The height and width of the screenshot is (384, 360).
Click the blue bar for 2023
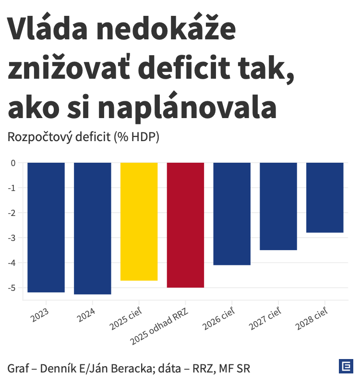tap(46, 227)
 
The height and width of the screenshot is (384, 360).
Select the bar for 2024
tap(93, 228)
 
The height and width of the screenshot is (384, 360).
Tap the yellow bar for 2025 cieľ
tap(139, 221)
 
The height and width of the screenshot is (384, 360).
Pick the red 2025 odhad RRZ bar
tap(185, 225)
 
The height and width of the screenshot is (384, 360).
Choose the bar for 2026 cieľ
tap(232, 214)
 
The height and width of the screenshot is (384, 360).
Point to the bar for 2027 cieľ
tap(278, 206)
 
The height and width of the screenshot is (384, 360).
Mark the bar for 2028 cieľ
tap(325, 197)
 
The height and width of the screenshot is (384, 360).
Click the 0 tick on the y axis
tap(13, 163)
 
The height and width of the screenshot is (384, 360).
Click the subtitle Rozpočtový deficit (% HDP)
tap(83, 137)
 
